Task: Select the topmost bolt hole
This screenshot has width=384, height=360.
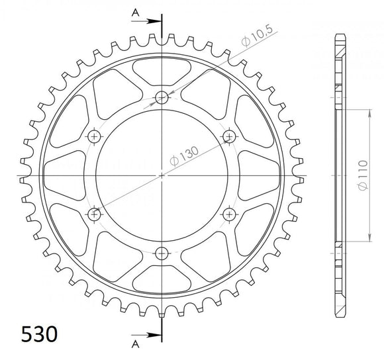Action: point(162,99)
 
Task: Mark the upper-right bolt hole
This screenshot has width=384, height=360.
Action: point(229,137)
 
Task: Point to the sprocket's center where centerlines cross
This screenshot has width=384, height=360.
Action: point(162,175)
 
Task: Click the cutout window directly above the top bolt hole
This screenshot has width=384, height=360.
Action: point(162,69)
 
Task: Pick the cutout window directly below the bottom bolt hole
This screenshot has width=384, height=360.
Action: point(162,283)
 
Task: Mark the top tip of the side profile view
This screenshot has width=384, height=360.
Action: point(340,34)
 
